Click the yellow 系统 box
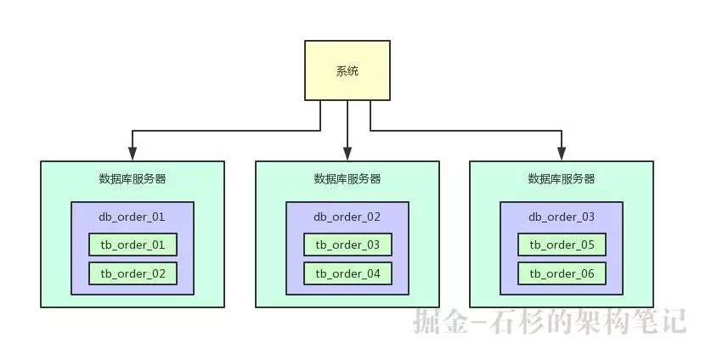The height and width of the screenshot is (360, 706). pos(347,71)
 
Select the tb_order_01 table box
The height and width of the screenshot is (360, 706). pos(133,245)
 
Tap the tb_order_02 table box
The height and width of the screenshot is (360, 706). pos(133,273)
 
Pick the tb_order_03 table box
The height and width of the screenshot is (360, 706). pos(347,245)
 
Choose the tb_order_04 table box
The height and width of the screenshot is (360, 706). pos(347,273)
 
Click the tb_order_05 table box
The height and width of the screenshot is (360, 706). pos(562,245)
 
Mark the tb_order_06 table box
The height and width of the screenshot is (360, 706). pos(562,273)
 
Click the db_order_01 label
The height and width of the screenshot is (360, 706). pos(133,217)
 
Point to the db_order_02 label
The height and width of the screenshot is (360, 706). pos(347,217)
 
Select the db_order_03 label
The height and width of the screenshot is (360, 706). pos(562,217)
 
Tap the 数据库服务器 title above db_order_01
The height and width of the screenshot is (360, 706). pos(133,179)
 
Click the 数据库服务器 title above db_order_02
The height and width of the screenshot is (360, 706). pos(347,179)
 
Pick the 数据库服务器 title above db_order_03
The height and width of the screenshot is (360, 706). pos(562,179)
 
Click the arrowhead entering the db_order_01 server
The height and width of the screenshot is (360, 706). pos(133,155)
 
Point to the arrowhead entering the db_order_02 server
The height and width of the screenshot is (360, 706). pos(347,155)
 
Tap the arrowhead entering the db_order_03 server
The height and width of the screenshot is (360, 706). pos(562,155)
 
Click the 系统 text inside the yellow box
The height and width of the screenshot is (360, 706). pos(347,71)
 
